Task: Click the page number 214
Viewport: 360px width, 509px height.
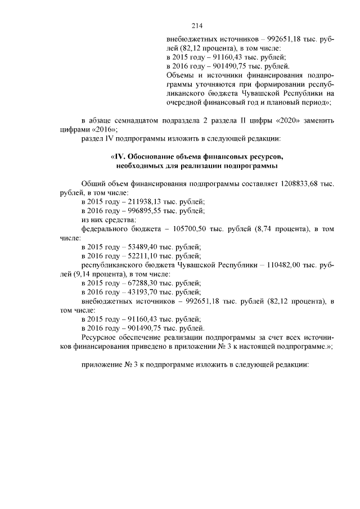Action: pyautogui.click(x=196, y=26)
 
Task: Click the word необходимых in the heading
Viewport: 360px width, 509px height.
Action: pyautogui.click(x=141, y=166)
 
